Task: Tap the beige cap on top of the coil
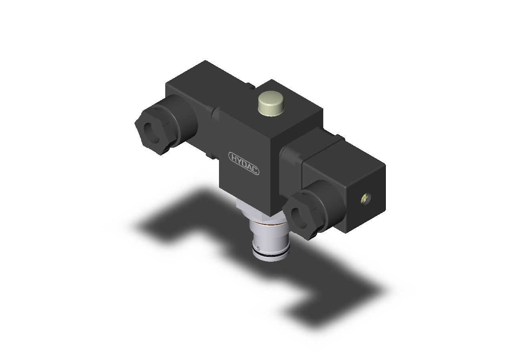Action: coord(270,104)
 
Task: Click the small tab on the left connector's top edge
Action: coord(250,85)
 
